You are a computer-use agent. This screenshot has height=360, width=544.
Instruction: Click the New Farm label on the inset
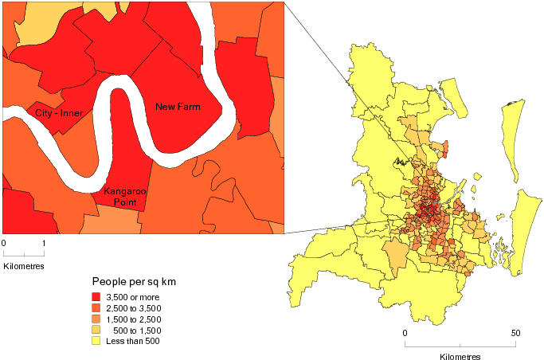(178, 107)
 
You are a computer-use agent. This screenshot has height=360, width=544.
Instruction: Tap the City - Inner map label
(59, 114)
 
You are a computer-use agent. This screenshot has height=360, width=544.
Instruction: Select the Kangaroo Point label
(120, 197)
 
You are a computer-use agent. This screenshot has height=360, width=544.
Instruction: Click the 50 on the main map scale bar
(515, 332)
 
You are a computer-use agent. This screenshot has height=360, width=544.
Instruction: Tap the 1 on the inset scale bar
(44, 242)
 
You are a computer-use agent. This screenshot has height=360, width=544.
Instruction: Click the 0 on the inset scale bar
(4, 242)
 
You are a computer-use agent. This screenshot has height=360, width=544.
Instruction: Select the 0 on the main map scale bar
(405, 332)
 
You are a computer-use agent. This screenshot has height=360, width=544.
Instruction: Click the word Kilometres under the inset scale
(24, 264)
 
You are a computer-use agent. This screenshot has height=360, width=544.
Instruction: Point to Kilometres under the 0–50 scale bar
(460, 356)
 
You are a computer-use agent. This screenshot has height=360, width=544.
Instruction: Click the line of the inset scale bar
(24, 253)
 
